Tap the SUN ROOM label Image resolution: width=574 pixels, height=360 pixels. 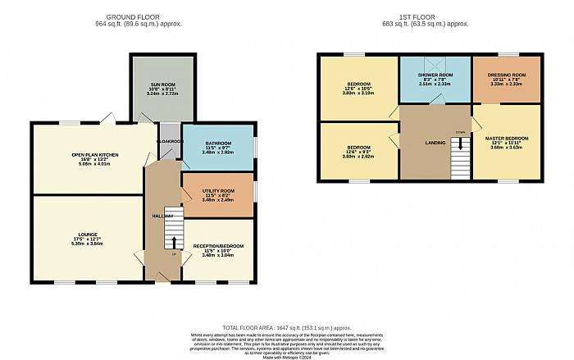[x=162, y=84]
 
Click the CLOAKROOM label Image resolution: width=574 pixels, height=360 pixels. [x=170, y=140]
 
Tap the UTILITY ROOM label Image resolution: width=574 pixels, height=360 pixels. [x=217, y=190]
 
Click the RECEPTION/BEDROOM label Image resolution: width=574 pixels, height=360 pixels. [x=217, y=245]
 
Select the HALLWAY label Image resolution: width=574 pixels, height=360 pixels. [x=162, y=216]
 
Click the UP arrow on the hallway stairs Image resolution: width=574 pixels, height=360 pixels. [x=173, y=243]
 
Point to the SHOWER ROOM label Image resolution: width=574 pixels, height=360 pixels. [x=435, y=75]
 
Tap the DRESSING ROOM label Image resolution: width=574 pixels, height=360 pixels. [x=506, y=75]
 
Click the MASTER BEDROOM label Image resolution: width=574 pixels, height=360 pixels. [x=506, y=138]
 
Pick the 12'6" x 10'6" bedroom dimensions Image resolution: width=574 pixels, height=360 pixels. [x=357, y=89]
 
